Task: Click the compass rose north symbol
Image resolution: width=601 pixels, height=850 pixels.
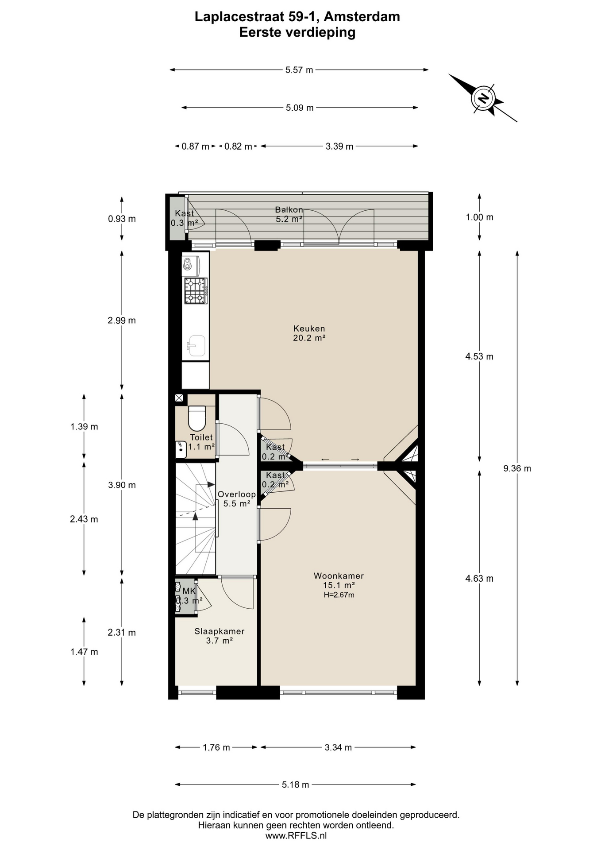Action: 483,98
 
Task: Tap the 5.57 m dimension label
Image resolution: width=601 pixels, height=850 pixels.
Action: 299,70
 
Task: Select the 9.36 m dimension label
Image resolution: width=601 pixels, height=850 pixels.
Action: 517,468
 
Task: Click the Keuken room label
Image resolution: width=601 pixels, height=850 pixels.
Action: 309,328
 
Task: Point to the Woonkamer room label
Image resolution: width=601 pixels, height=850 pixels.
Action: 339,576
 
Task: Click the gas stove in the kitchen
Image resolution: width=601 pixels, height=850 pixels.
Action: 196,290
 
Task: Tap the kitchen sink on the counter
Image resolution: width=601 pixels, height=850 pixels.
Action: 196,346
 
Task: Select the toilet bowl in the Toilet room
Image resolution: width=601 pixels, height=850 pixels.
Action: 197,418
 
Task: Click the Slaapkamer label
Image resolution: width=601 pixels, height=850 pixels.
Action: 220,631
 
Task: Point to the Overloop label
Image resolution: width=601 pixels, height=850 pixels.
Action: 237,495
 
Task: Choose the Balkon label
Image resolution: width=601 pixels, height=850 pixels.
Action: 289,210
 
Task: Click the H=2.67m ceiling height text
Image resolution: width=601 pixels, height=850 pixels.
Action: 339,595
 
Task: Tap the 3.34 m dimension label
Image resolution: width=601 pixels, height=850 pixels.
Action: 338,748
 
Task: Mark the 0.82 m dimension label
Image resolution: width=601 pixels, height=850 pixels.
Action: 238,147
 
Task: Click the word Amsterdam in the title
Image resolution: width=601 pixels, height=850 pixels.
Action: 362,17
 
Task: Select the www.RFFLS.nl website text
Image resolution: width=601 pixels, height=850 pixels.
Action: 296,836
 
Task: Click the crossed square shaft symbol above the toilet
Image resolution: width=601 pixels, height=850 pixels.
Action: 179,398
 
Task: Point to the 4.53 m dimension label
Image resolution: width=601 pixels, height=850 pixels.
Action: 479,357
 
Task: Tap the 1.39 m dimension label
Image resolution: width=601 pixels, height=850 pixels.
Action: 84,427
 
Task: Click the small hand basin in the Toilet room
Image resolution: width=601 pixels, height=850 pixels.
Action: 181,449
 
